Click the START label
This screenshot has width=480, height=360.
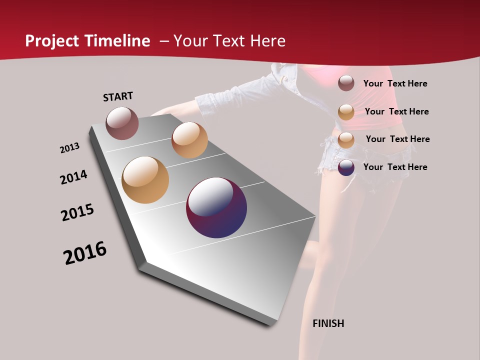coord(118,96)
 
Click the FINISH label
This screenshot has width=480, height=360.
coord(328,323)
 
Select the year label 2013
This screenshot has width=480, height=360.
coord(69,147)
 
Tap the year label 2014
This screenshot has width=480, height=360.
coord(73,177)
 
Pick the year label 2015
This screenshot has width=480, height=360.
coord(77,212)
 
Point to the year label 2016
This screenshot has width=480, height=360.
coord(85,253)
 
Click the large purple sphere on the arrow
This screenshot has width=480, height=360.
coord(216,207)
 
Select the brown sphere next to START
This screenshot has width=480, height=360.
coord(122,123)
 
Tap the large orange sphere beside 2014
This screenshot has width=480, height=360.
coord(145,180)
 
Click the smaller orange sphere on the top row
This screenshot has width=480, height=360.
coord(189,140)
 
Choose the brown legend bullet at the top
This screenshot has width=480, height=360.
coord(346,83)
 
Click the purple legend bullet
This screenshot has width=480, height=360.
coord(346,167)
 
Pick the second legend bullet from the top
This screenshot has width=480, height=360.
coord(346,112)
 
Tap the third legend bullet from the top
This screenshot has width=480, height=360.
coord(346,140)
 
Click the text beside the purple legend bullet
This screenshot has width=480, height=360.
coord(395,167)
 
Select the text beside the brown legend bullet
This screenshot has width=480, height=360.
coord(395,83)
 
